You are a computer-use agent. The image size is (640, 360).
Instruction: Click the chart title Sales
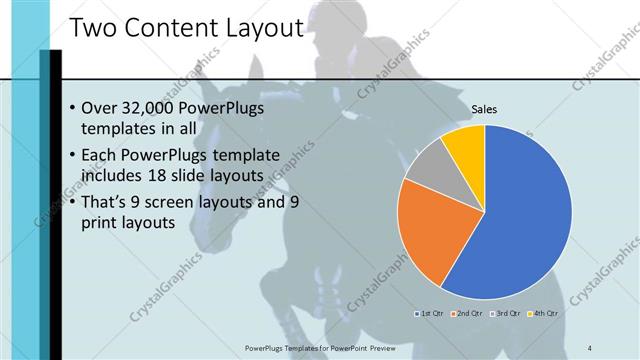[484, 109]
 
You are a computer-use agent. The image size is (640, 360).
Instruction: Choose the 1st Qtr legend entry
[432, 313]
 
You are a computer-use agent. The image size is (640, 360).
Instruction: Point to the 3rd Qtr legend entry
[505, 313]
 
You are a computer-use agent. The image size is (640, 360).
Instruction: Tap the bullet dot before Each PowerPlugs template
[72, 156]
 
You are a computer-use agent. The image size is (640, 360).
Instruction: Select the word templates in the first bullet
[116, 129]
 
